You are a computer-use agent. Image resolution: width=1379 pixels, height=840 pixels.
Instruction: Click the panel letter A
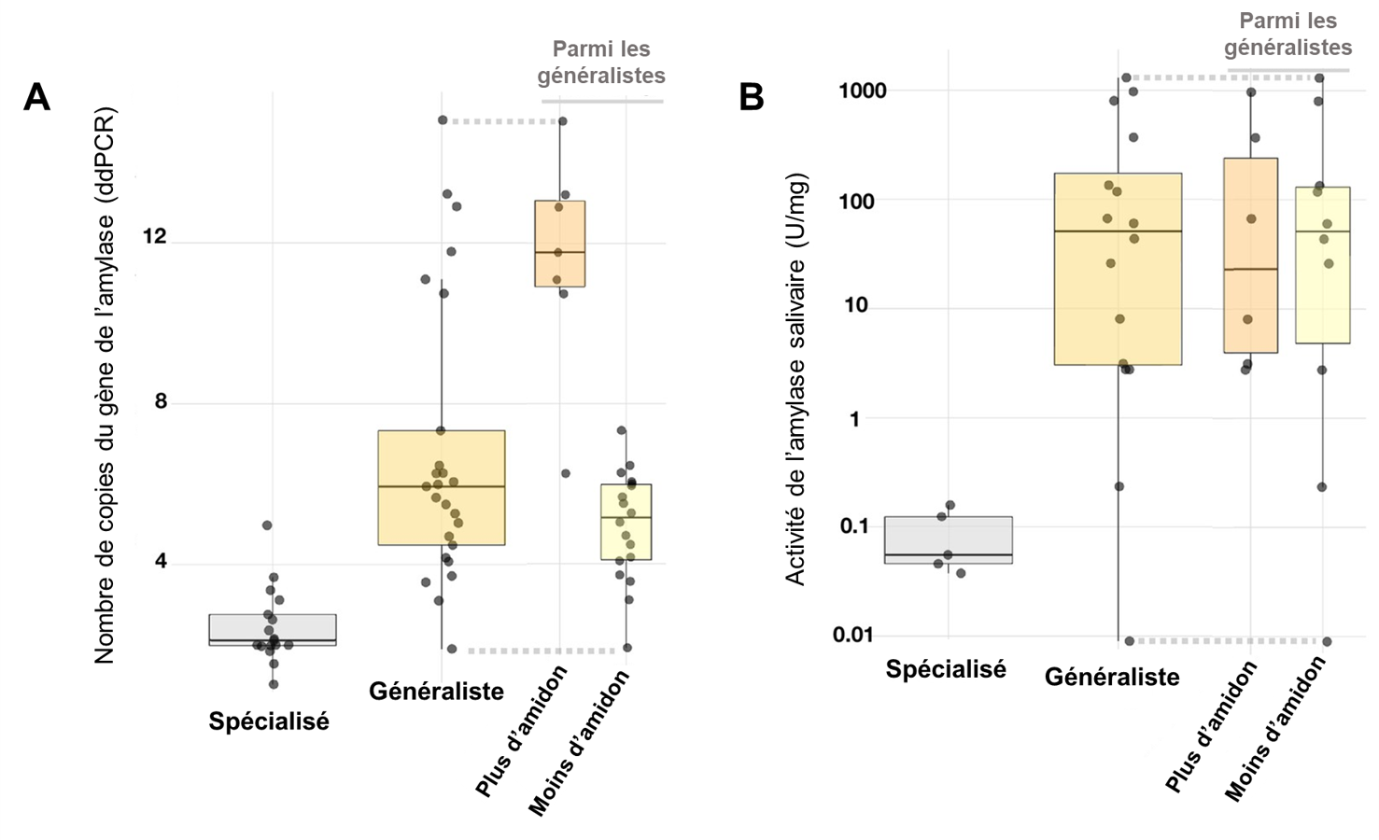click(x=36, y=97)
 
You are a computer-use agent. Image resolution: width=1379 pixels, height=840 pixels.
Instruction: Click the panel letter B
click(x=752, y=97)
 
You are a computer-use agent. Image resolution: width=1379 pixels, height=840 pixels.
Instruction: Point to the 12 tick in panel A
click(x=153, y=236)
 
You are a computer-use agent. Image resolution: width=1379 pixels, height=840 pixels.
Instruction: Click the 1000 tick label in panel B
click(x=862, y=91)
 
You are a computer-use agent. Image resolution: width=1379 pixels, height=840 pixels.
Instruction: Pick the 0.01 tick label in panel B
click(x=852, y=635)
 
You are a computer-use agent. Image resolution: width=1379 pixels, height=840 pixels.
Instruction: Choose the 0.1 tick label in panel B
click(x=854, y=526)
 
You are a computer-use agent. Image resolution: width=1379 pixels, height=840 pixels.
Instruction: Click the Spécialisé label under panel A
click(x=269, y=721)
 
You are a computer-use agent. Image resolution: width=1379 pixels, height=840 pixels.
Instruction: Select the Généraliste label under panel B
click(x=1112, y=677)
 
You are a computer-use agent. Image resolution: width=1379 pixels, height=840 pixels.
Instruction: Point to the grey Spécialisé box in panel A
click(x=273, y=629)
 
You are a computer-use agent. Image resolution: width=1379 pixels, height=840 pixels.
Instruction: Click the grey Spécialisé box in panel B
click(x=949, y=539)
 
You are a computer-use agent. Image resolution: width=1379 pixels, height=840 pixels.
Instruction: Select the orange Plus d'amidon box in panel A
click(x=560, y=243)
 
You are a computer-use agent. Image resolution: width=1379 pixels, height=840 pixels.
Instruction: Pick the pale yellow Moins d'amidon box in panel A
click(x=626, y=521)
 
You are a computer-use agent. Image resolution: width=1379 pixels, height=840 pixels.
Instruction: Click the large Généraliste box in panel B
click(x=1118, y=269)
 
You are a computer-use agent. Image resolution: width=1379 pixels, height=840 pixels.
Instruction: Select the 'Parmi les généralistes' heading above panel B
click(x=1288, y=34)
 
